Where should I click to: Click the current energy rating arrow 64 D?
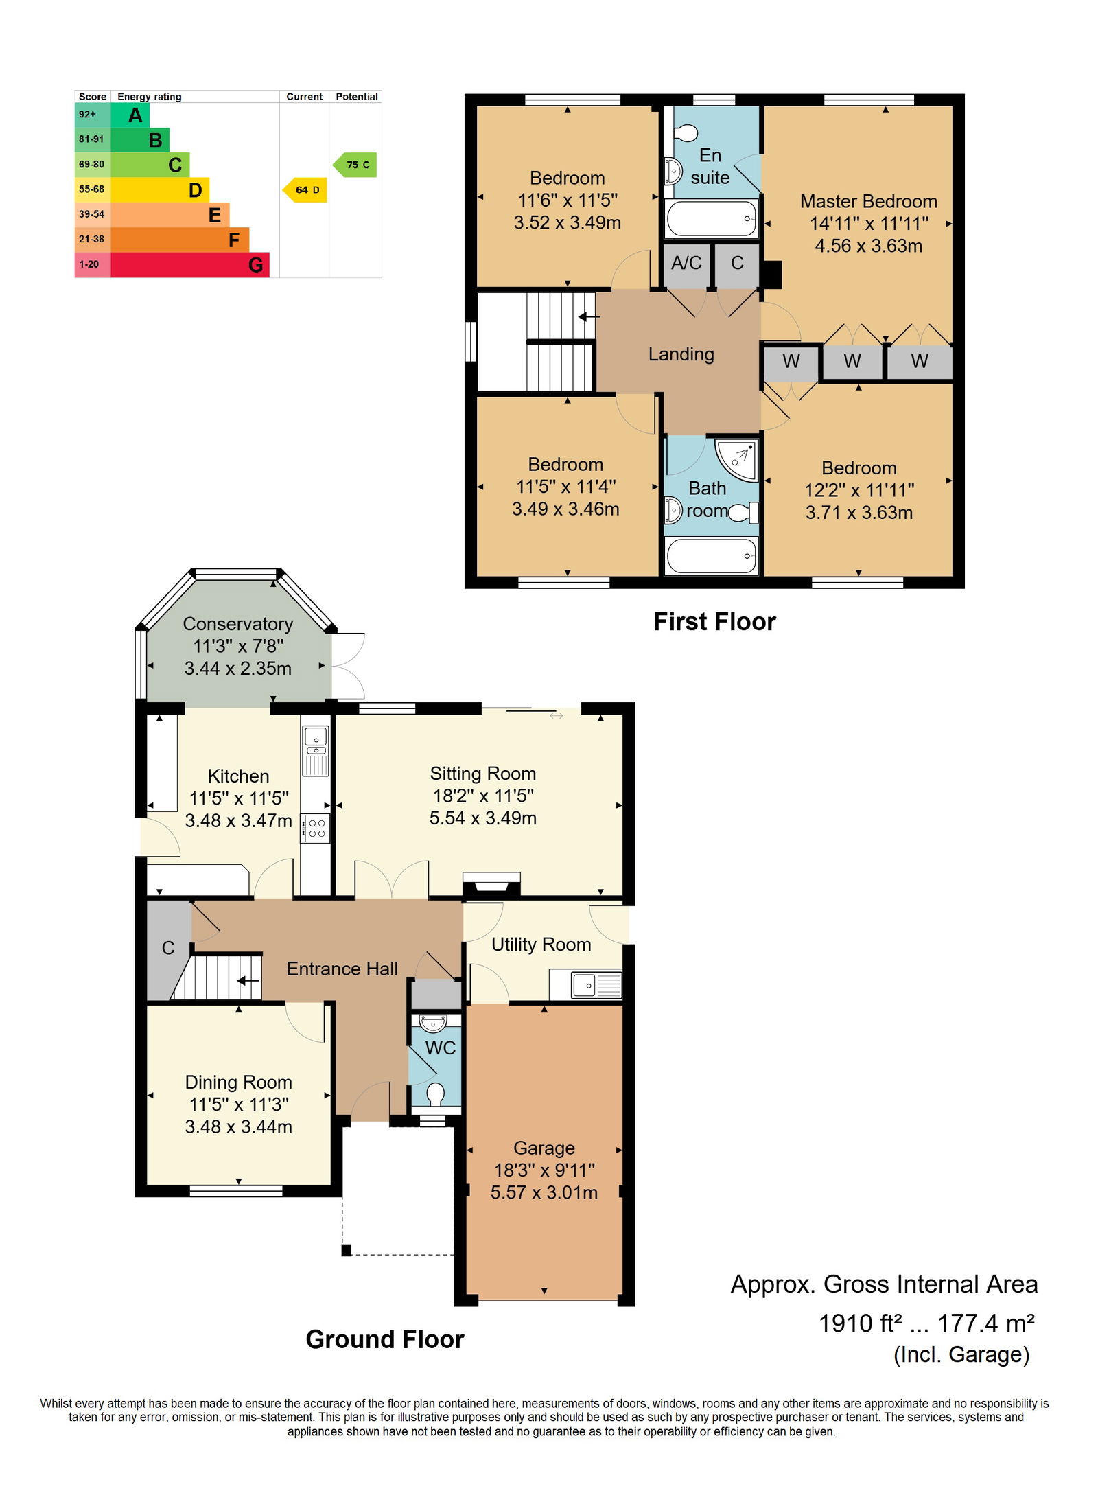tap(305, 190)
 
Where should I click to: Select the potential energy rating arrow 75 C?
tap(355, 165)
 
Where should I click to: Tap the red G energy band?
tap(190, 265)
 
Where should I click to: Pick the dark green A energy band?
tap(130, 115)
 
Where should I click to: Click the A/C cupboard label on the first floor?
tap(686, 263)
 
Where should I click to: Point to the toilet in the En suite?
tap(685, 132)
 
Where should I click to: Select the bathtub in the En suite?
tap(712, 218)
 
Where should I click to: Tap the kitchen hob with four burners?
tap(316, 828)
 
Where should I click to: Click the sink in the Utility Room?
tap(586, 985)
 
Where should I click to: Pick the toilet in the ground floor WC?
tap(435, 1093)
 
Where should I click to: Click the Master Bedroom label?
tap(869, 201)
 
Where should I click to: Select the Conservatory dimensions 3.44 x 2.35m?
tap(238, 669)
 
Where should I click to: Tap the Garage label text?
tap(544, 1148)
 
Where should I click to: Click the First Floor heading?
tap(714, 622)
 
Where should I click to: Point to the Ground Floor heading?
tap(385, 1340)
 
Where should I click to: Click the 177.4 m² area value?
tap(986, 1323)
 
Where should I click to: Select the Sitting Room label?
tap(483, 774)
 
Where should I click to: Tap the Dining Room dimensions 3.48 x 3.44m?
tap(239, 1127)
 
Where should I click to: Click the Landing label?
tap(681, 354)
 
